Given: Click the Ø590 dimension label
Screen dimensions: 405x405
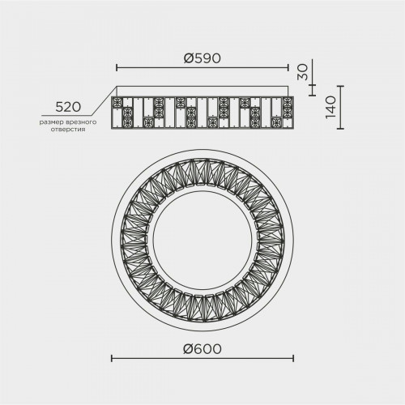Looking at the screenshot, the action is point(202,58).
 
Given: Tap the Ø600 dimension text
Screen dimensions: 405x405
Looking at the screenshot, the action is point(202,349).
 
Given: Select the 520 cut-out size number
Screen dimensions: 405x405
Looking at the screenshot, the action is point(68,107).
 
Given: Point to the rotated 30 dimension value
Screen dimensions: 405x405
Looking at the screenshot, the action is point(304,72).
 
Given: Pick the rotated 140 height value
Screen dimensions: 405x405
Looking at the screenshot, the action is point(330,107).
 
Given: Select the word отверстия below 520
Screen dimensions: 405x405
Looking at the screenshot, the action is point(68,130).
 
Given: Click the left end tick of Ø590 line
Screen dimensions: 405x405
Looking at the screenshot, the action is point(117,68).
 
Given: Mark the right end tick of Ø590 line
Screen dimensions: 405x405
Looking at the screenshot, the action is point(288,68).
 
